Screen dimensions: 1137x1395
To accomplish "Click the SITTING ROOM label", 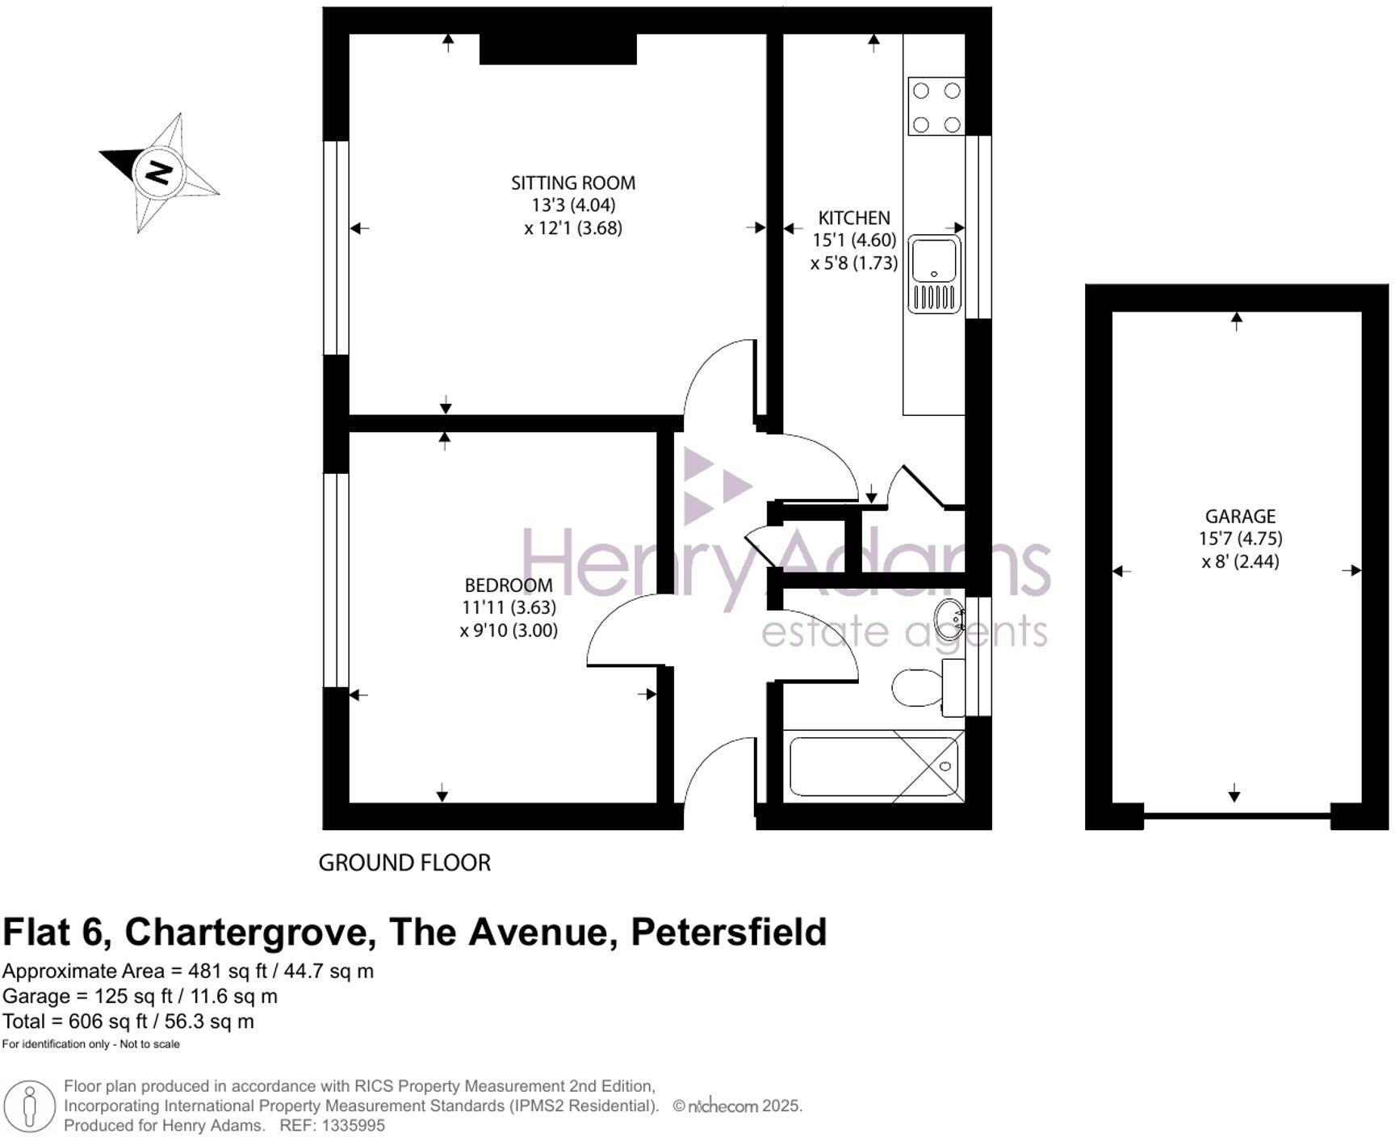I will coord(572,183).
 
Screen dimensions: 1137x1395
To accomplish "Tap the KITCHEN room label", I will coord(853,218).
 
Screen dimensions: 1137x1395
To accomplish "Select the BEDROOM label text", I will coord(508,585).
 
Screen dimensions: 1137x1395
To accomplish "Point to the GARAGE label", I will coord(1240,516).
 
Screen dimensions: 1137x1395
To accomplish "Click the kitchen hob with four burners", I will coord(936,107).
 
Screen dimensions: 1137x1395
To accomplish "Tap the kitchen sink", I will coord(934,274).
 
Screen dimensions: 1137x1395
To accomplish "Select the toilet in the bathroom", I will coord(916,687).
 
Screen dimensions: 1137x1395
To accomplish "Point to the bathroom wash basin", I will coord(949,619).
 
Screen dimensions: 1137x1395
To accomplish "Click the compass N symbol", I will coord(158,172).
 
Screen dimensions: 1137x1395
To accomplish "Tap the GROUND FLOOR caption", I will coord(404,863).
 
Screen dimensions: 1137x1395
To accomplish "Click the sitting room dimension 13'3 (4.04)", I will coord(572,205).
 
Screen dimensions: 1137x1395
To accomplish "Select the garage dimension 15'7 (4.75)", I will coord(1240,539).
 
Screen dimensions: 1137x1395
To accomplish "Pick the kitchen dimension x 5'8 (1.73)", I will coord(853,263).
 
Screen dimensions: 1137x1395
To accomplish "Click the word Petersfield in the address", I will coord(728,932).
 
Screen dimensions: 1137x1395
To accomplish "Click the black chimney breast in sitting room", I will coord(558,48).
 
